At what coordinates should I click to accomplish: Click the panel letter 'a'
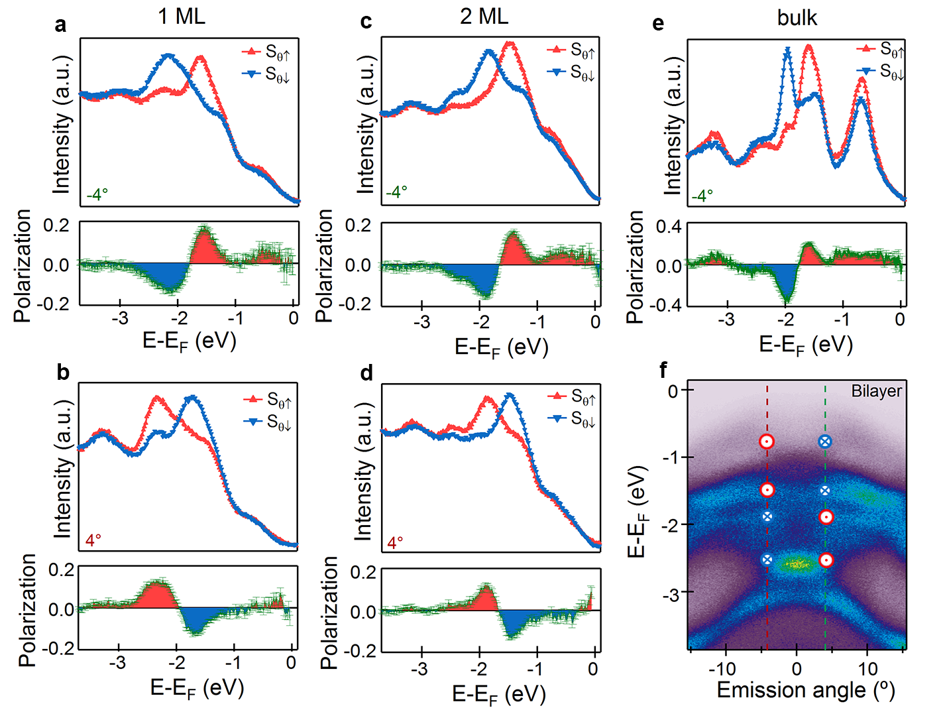[x=61, y=25]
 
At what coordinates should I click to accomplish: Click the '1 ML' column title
[x=182, y=16]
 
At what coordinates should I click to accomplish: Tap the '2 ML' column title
[x=484, y=16]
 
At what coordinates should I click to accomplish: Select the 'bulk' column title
[x=797, y=17]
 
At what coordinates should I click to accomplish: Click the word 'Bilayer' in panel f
[x=876, y=391]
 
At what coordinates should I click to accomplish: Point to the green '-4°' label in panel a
[x=97, y=195]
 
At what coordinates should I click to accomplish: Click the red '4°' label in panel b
[x=93, y=540]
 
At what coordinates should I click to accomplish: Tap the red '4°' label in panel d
[x=395, y=543]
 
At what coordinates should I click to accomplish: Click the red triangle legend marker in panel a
[x=251, y=51]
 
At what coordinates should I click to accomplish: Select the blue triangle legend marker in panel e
[x=865, y=70]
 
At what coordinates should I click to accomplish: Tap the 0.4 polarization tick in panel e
[x=668, y=227]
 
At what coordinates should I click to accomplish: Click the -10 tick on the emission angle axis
[x=726, y=668]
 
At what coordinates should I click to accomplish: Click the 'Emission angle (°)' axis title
[x=806, y=690]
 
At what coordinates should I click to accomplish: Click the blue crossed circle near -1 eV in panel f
[x=825, y=442]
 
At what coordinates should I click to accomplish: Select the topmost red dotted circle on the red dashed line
[x=767, y=442]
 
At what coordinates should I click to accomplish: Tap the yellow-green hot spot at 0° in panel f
[x=797, y=564]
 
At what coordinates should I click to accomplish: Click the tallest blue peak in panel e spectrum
[x=787, y=50]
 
